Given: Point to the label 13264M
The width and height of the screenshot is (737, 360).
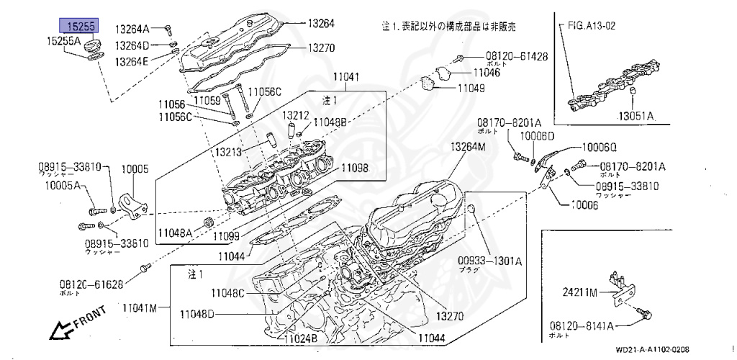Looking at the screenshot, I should [x=469, y=147].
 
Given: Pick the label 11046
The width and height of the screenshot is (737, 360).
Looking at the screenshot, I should [x=487, y=73].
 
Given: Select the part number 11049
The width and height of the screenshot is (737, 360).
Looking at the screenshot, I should [x=471, y=89].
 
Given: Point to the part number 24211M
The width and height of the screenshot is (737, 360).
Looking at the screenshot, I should [x=581, y=292].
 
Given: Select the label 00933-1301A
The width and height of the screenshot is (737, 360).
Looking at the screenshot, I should [x=489, y=261].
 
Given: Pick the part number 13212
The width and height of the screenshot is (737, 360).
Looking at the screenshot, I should [x=295, y=114].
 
